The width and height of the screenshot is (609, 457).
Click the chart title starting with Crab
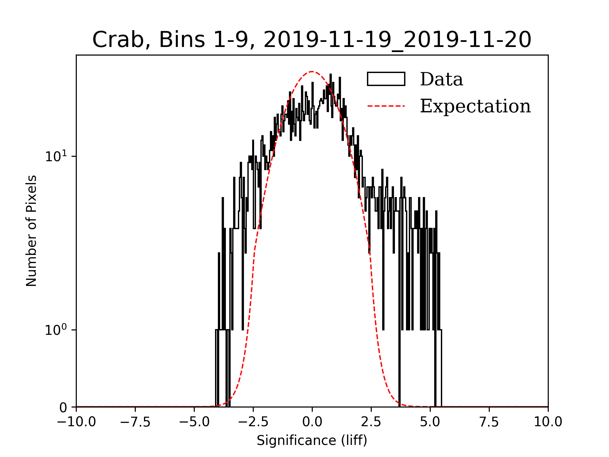(311, 40)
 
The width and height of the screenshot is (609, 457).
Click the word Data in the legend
(441, 79)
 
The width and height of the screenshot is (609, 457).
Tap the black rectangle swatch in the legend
(386, 79)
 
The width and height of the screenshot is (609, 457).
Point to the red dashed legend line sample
(386, 106)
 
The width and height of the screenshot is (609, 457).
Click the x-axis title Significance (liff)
(312, 440)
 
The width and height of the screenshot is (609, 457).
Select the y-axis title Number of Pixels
(31, 231)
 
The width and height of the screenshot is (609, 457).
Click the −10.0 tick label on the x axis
(76, 422)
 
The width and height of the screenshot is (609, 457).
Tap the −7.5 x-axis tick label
(135, 422)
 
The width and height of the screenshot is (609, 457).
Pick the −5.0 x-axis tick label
(194, 422)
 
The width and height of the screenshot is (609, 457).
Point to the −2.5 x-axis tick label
(253, 422)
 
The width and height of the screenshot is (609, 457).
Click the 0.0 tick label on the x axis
(312, 422)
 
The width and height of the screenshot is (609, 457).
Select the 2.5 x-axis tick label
(371, 422)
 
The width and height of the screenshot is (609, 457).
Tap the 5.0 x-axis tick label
(430, 422)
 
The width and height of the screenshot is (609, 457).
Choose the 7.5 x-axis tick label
(489, 422)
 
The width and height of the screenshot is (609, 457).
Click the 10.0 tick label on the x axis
(548, 422)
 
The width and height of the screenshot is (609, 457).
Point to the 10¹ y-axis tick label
(56, 156)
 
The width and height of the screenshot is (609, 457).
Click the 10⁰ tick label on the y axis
(56, 330)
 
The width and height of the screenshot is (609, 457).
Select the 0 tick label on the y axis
(63, 407)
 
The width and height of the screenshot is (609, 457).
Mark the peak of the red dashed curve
(312, 72)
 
